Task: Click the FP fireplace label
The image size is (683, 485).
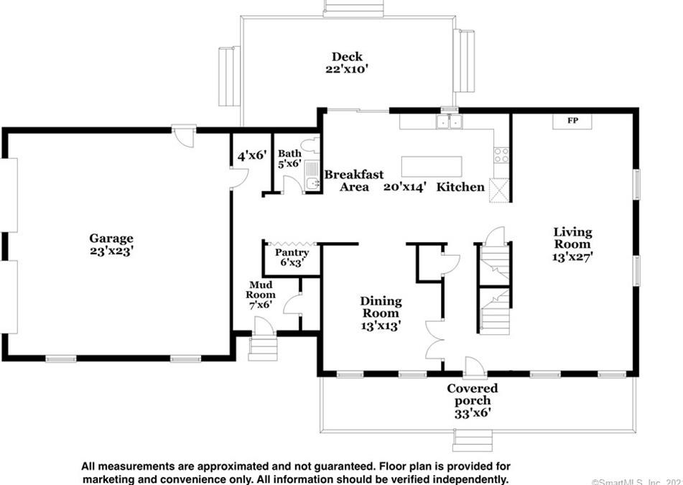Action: point(572,120)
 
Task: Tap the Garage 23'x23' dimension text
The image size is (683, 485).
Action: point(111,251)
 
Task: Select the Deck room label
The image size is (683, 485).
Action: point(347,56)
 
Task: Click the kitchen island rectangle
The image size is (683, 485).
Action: point(431,167)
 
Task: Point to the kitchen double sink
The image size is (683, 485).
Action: point(449,122)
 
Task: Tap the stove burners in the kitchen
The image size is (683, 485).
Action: point(501,155)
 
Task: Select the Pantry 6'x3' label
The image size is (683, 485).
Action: point(292,257)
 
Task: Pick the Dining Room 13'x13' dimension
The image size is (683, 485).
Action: point(381,325)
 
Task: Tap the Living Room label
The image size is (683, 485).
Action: point(572,238)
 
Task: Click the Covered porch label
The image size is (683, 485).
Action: point(472,394)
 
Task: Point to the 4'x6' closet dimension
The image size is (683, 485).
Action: point(252,155)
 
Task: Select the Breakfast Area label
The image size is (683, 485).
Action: point(353,180)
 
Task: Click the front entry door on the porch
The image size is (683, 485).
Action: point(475,366)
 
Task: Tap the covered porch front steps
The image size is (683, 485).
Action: point(473,440)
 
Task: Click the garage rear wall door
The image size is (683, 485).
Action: point(184,136)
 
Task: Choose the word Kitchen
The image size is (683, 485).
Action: point(460,187)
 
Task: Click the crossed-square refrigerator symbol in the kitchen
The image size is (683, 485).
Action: point(499,190)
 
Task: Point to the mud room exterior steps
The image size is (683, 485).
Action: point(263,348)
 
